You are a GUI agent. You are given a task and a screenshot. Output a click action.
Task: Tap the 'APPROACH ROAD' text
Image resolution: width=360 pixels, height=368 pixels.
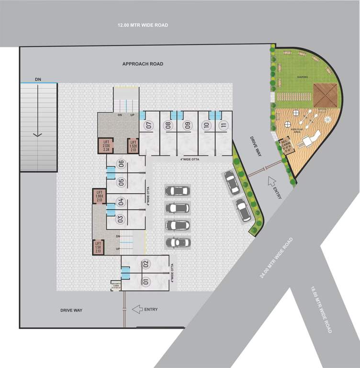(x=143, y=64)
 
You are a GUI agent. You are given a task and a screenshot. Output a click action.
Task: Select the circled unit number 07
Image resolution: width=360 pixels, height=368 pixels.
(x=149, y=126)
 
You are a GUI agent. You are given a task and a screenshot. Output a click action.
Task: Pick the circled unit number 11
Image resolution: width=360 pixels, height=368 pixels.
(x=223, y=126)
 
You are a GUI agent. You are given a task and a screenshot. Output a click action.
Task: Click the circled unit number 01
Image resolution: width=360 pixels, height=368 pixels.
(x=146, y=281)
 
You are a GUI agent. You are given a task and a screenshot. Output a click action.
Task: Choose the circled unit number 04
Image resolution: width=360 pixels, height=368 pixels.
(x=121, y=202)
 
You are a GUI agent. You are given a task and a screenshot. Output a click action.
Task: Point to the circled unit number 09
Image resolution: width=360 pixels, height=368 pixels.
(x=187, y=126)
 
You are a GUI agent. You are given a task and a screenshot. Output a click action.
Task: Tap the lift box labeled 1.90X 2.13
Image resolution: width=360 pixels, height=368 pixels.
(x=100, y=196)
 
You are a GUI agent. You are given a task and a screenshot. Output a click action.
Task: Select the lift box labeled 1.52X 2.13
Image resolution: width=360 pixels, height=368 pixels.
(x=134, y=146)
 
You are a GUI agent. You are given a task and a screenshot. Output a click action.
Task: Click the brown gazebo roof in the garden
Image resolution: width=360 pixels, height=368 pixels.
(x=326, y=95)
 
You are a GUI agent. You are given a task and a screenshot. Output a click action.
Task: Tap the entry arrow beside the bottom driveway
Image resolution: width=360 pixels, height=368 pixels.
(x=138, y=310)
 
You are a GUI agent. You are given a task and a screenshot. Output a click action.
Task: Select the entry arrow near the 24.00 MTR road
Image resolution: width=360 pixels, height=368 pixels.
(x=271, y=181)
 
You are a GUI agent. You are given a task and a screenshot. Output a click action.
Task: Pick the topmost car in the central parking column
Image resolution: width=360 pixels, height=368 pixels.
(x=177, y=191)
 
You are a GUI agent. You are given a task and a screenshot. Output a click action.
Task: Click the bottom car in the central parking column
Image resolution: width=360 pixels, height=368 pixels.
(x=177, y=242)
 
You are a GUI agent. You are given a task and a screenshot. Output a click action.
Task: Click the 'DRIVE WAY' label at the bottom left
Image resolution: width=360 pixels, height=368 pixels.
(x=71, y=310)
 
